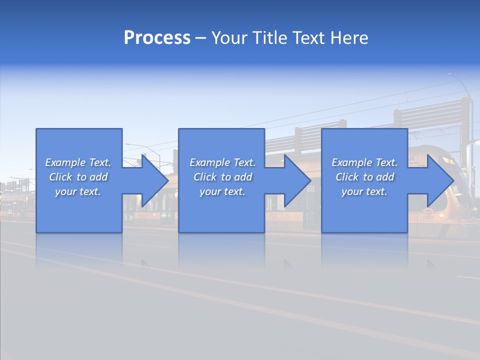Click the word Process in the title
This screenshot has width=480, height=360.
tap(157, 38)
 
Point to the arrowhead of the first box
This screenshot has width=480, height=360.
tap(154, 180)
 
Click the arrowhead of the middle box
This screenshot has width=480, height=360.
tap(297, 180)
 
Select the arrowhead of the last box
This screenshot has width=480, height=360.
tap(440, 180)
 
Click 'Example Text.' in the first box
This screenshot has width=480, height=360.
tap(78, 162)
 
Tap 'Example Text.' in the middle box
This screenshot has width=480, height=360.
tap(222, 162)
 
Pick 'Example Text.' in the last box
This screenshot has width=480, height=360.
tap(364, 162)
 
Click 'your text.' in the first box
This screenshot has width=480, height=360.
tap(78, 191)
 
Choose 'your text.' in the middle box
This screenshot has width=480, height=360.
tap(222, 191)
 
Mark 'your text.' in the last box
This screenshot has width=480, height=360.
tap(364, 191)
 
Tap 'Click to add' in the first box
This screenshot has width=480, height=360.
tap(78, 177)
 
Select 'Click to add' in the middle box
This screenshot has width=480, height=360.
tap(222, 177)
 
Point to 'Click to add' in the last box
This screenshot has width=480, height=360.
tap(364, 177)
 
